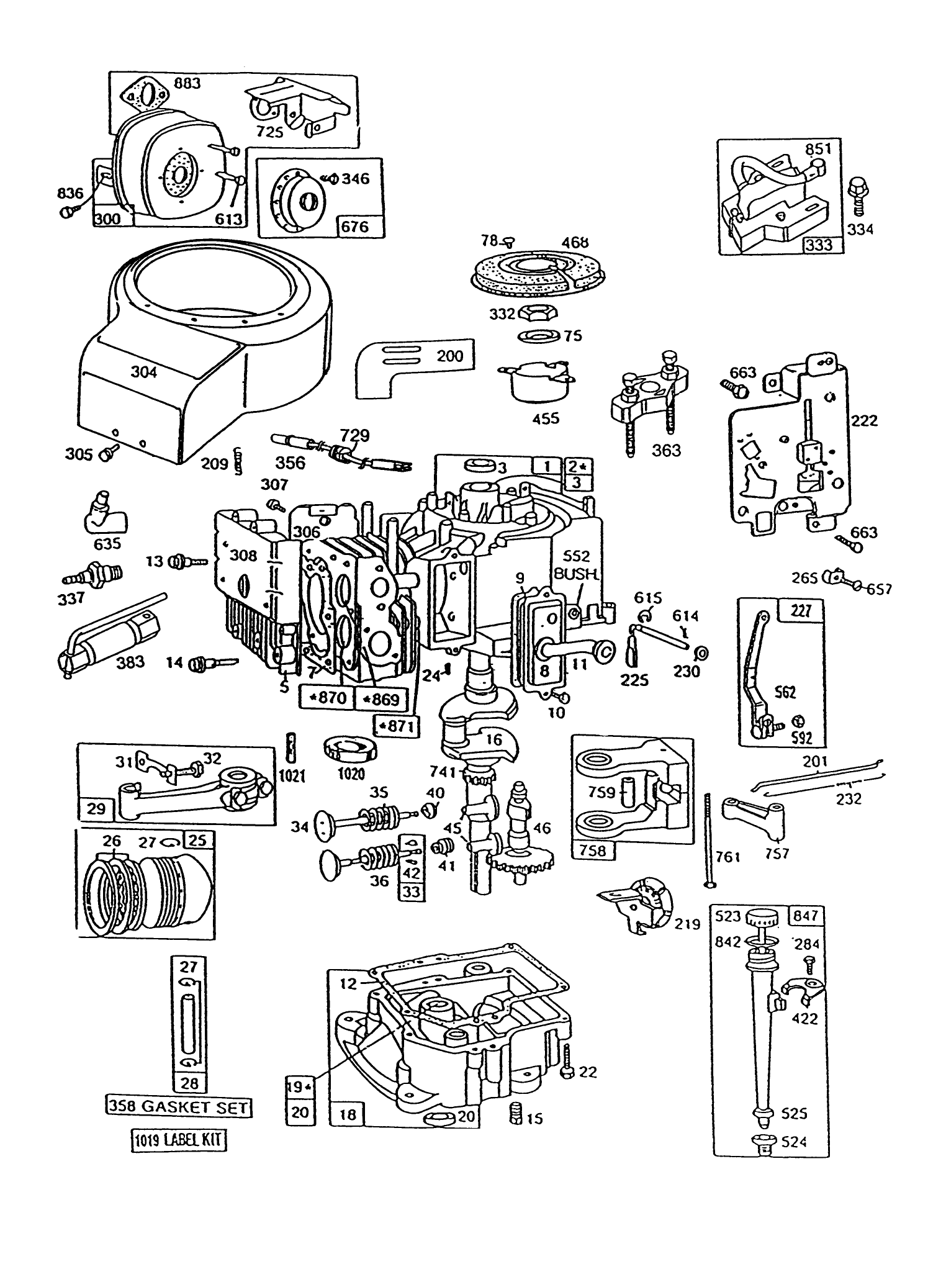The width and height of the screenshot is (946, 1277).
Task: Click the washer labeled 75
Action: [538, 337]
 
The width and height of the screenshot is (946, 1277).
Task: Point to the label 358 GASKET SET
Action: [178, 1106]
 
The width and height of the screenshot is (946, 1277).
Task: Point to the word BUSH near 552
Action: [575, 574]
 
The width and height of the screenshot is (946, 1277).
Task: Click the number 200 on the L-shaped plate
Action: [449, 356]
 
